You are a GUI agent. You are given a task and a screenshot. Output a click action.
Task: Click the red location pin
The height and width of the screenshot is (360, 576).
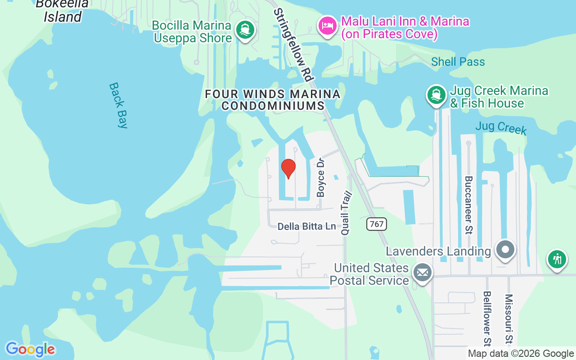[x=288, y=168]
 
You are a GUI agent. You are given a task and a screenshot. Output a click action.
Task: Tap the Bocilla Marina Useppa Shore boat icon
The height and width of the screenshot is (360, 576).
[x=245, y=30]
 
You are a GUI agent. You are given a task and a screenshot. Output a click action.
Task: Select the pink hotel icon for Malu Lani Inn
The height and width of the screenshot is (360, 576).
[x=327, y=25]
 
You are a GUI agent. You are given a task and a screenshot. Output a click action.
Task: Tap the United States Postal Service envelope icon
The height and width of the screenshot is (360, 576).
[x=422, y=273]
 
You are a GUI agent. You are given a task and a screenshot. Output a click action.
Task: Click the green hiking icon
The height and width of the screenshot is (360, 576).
[x=557, y=259]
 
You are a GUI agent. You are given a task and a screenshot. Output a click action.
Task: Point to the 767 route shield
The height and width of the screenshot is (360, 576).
[x=377, y=224]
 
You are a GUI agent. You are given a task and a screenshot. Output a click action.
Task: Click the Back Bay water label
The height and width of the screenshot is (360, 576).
[x=118, y=105]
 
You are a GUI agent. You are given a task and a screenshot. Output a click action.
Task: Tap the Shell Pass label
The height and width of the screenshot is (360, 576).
[x=458, y=62]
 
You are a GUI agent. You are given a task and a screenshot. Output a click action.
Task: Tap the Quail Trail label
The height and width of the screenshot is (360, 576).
[x=346, y=213]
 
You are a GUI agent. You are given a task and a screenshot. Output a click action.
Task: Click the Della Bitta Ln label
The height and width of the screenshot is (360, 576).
[x=306, y=226]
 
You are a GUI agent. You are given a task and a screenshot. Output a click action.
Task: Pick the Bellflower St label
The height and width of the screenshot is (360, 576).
[x=487, y=318]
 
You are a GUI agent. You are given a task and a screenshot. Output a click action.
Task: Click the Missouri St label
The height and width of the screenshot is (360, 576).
[x=508, y=319]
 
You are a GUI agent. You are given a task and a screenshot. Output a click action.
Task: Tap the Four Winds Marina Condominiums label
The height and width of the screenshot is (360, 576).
[x=273, y=100]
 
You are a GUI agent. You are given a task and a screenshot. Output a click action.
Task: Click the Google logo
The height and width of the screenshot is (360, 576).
[x=30, y=349]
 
